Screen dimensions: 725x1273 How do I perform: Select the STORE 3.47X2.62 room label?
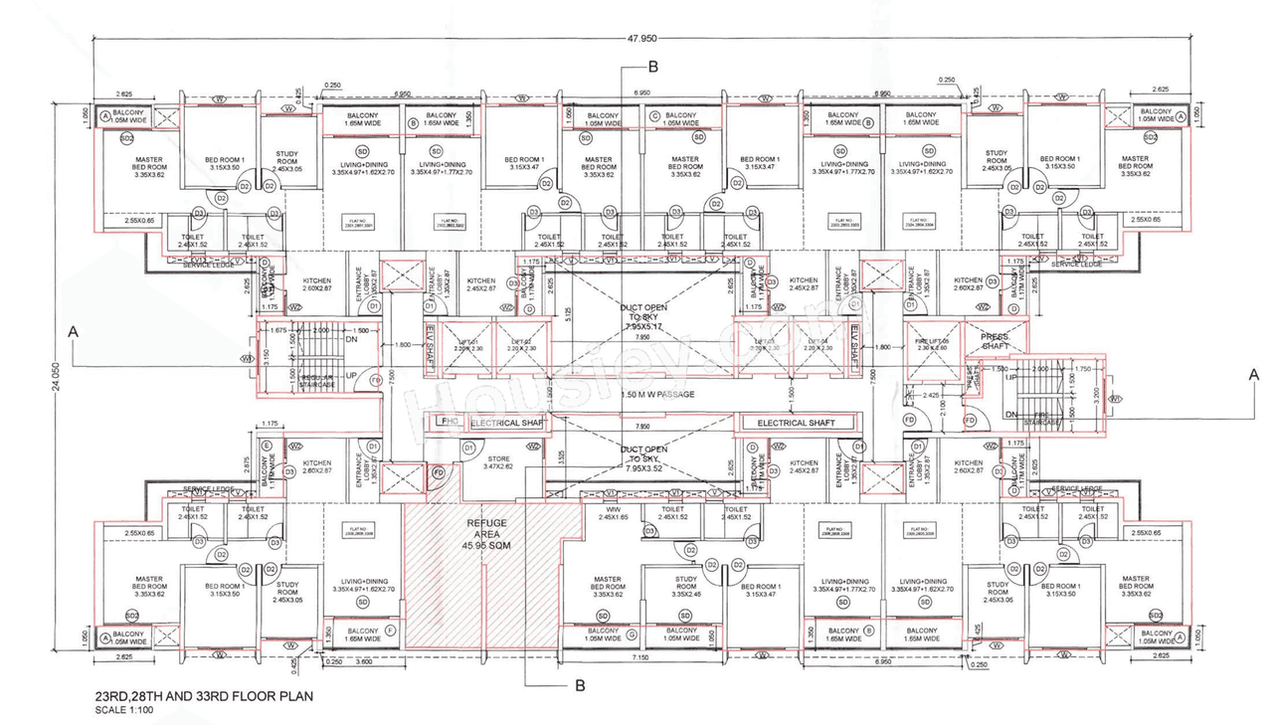click(x=497, y=461)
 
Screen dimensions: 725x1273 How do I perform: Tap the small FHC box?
click(x=449, y=423)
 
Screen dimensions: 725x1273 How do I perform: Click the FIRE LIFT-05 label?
click(x=931, y=342)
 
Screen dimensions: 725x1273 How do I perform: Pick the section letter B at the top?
click(x=652, y=67)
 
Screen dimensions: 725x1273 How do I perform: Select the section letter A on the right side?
click(x=1253, y=374)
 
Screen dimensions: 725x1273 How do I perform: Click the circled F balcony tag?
click(x=390, y=631)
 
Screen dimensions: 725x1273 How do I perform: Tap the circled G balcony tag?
click(x=632, y=634)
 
